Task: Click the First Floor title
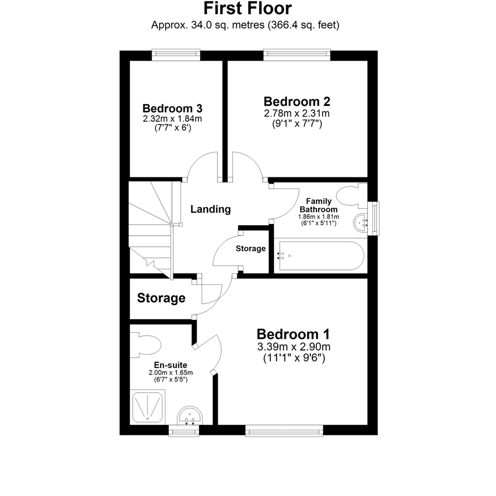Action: click(x=248, y=8)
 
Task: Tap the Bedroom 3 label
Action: click(x=173, y=109)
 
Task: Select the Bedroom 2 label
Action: click(x=297, y=101)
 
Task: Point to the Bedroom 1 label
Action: click(x=293, y=334)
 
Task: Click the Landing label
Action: click(x=210, y=209)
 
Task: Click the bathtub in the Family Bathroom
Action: click(x=320, y=256)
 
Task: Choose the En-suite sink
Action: click(x=189, y=416)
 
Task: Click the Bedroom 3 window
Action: click(x=176, y=55)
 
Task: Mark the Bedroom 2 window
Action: click(x=297, y=55)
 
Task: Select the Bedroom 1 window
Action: click(x=284, y=430)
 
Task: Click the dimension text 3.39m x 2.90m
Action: click(x=293, y=346)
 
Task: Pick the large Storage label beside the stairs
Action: click(x=161, y=299)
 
